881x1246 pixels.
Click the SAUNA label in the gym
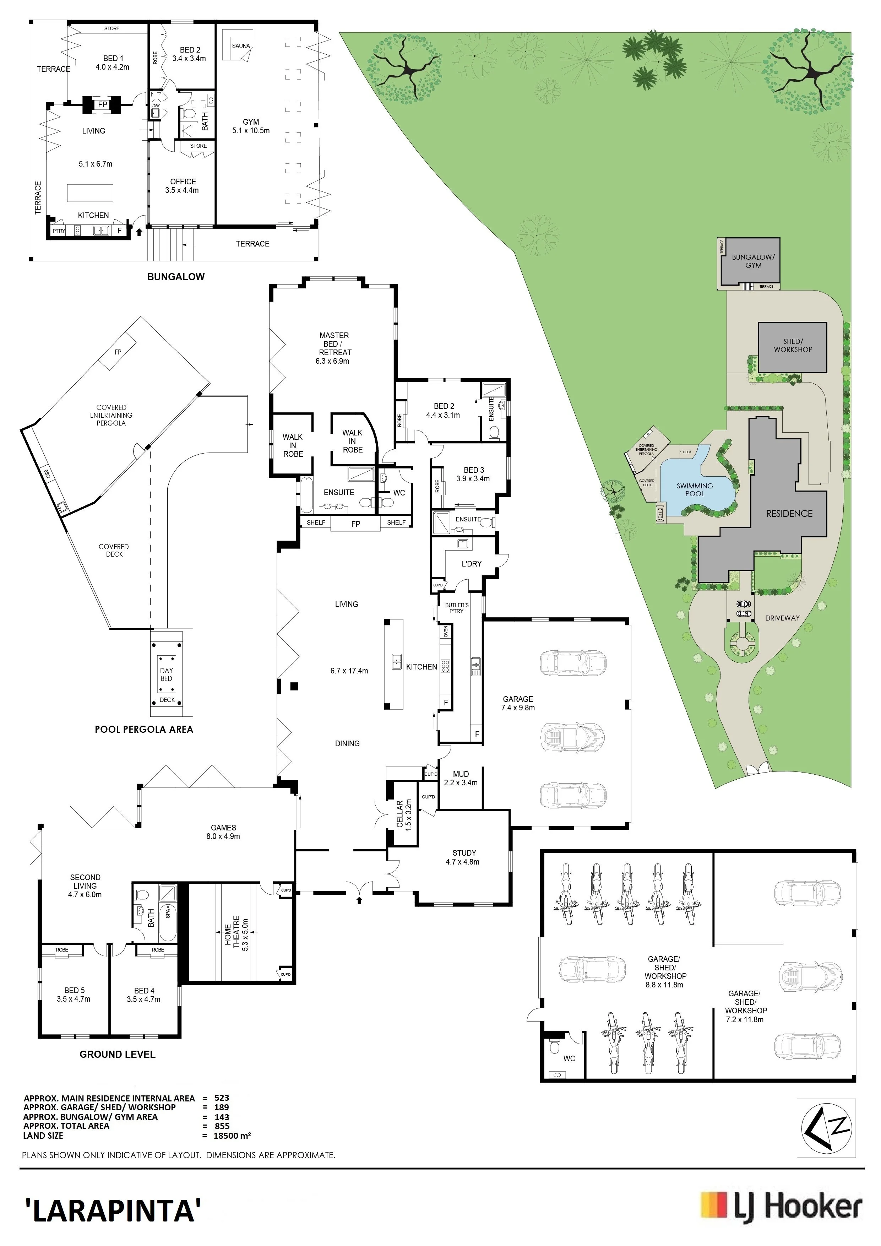click(x=241, y=45)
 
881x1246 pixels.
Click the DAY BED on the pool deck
click(x=167, y=675)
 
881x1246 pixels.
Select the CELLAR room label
click(x=400, y=814)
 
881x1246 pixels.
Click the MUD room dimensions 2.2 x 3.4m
click(x=461, y=782)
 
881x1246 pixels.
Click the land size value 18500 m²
click(x=233, y=1135)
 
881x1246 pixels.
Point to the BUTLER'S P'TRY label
click(x=457, y=608)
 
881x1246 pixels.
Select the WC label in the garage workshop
click(x=569, y=1059)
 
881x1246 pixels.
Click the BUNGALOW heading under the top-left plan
click(x=176, y=277)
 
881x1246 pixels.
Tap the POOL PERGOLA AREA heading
click(x=144, y=729)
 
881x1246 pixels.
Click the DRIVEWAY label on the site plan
click(x=782, y=618)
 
